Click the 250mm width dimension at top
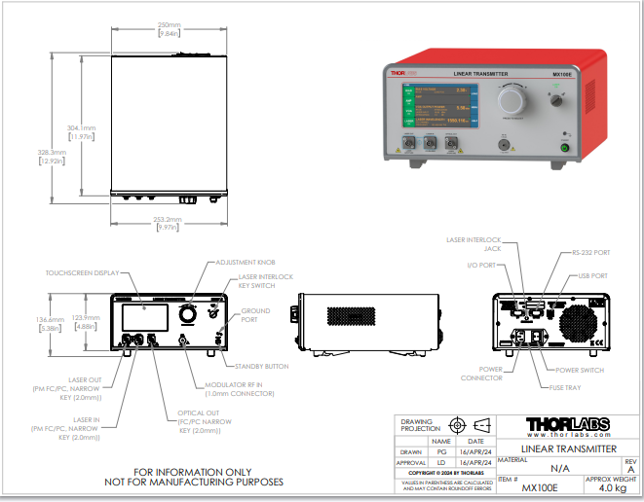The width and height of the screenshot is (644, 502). point(169,24)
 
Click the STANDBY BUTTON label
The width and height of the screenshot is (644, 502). point(262,366)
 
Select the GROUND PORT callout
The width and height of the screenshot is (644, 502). point(256,315)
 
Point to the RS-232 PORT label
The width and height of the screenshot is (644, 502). point(564,252)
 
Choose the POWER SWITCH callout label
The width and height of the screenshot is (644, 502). point(580,371)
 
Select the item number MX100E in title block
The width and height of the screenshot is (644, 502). point(540,488)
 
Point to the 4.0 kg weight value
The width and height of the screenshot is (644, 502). point(611,488)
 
